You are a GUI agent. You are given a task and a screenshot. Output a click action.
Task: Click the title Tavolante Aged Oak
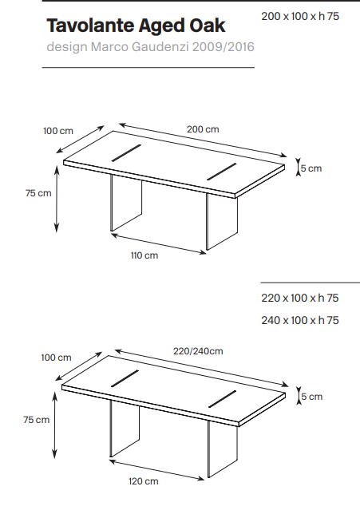click(x=136, y=26)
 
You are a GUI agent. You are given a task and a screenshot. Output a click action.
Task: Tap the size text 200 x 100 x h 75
click(x=300, y=16)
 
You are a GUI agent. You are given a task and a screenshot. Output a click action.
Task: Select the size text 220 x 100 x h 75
click(x=300, y=298)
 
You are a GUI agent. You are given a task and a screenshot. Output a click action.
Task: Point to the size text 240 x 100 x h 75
click(x=300, y=320)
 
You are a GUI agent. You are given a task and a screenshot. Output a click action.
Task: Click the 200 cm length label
click(x=203, y=129)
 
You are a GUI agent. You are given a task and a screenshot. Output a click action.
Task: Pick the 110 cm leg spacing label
click(x=144, y=255)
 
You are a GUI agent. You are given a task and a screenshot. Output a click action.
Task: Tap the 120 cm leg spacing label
click(x=144, y=481)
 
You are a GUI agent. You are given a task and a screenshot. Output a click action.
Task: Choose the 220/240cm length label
click(x=198, y=351)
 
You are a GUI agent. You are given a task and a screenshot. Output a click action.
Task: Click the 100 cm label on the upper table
click(x=58, y=131)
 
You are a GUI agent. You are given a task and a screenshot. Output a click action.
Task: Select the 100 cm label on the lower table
click(x=56, y=358)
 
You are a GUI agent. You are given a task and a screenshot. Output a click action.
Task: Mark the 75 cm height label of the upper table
click(x=38, y=193)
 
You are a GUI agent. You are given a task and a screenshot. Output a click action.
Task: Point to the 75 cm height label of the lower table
click(x=37, y=420)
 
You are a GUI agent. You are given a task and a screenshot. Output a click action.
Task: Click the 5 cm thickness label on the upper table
click(x=311, y=168)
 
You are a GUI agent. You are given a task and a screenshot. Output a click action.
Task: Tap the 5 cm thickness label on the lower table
click(x=312, y=397)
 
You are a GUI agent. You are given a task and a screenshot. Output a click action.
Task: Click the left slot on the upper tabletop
click(x=126, y=153)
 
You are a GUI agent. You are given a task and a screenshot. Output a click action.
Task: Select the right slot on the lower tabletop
click(x=223, y=399)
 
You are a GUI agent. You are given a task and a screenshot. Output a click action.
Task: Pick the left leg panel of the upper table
click(x=126, y=204)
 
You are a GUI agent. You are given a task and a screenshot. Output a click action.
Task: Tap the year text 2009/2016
click(x=223, y=47)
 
